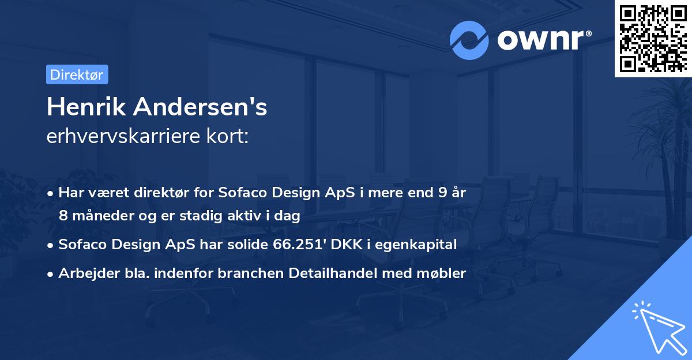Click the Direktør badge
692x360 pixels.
click(x=77, y=74)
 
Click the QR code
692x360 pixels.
click(x=652, y=38)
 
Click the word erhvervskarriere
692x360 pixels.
click(x=123, y=136)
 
